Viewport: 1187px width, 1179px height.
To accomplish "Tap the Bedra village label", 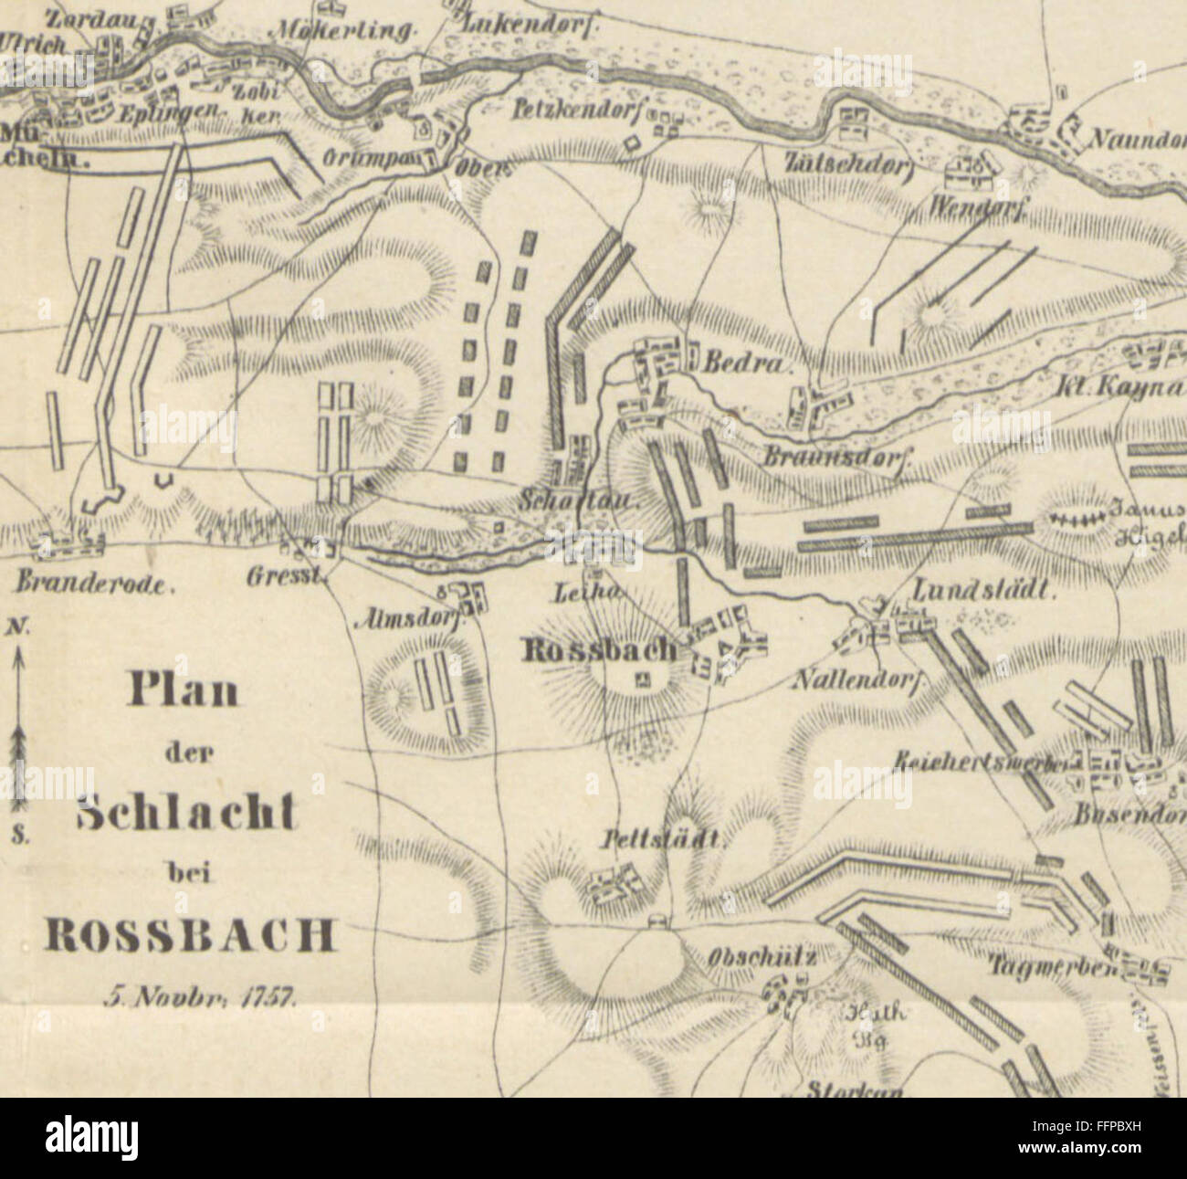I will (742, 363).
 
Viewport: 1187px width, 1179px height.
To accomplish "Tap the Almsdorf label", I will (410, 617).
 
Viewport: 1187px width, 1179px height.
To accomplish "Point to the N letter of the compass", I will (16, 626).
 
